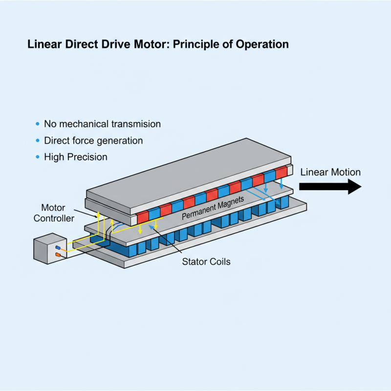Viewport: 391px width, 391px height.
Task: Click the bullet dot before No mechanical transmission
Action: click(x=38, y=124)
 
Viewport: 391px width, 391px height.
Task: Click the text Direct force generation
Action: click(x=93, y=141)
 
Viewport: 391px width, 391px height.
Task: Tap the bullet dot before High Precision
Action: click(x=38, y=157)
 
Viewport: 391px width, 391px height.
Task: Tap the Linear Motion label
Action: click(x=330, y=172)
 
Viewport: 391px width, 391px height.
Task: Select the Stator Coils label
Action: click(x=206, y=261)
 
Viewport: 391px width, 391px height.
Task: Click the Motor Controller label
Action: click(x=54, y=213)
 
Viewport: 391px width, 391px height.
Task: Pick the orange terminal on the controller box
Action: click(x=58, y=255)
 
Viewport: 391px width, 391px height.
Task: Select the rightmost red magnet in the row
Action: click(x=282, y=173)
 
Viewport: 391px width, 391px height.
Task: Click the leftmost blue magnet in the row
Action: click(x=154, y=214)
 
